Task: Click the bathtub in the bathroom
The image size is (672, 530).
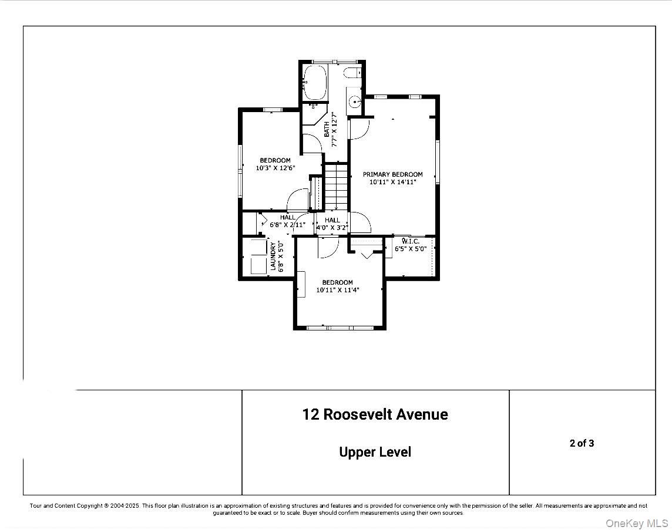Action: coord(315,83)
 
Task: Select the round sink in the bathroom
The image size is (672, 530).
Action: coord(354,102)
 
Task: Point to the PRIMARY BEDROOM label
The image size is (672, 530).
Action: coord(392,174)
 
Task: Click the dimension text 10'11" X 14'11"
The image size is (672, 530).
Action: coord(392,183)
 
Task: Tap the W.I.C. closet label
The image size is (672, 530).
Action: coord(411,241)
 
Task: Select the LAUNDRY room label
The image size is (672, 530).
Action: coord(273,257)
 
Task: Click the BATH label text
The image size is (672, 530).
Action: coord(327,130)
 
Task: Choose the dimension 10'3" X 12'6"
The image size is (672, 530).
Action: coord(275,168)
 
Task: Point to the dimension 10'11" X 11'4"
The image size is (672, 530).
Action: coord(337,290)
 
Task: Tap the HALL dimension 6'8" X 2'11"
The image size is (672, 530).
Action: coord(287,225)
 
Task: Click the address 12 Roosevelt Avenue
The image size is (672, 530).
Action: coord(375,414)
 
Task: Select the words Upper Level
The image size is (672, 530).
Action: coord(375,452)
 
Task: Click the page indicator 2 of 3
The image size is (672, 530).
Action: coord(582,443)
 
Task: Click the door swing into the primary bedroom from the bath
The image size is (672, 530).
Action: coord(359,129)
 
